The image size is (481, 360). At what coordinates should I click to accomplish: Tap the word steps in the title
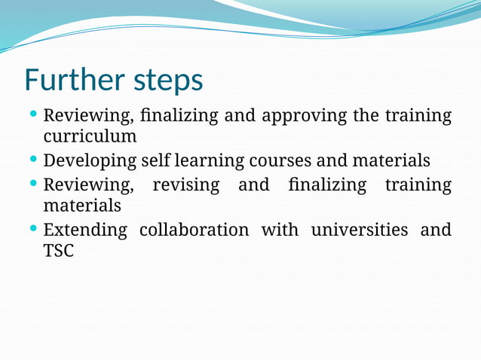pos(166,81)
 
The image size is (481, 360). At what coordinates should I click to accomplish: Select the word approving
pos(299,117)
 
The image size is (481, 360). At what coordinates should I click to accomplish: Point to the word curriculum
pos(90,136)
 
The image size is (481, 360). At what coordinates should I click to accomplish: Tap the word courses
pos(276,161)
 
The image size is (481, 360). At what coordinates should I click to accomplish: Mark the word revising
pos(185,185)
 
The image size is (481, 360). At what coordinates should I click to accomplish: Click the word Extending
pos(85,230)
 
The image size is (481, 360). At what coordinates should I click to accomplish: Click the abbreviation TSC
pos(59,251)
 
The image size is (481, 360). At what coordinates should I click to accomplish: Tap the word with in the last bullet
pos(280,230)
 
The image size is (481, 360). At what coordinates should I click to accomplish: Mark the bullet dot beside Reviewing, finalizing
pos(33,114)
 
